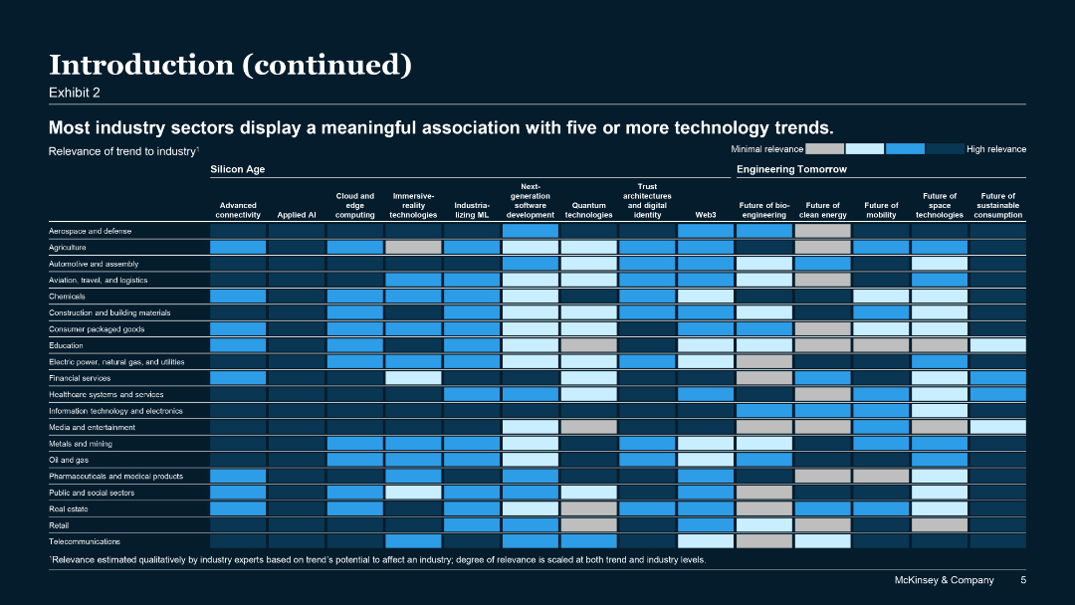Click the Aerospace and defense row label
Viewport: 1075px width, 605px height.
(90, 231)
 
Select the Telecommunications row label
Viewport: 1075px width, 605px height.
(85, 541)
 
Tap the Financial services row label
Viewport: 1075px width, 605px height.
(80, 378)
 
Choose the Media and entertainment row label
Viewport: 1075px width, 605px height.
(92, 427)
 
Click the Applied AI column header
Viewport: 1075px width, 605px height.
(297, 215)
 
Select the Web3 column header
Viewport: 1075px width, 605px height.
(706, 215)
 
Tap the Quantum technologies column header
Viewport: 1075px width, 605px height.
(588, 210)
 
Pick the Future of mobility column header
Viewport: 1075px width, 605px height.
(881, 210)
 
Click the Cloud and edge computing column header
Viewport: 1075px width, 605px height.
(354, 205)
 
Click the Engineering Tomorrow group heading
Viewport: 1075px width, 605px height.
(791, 170)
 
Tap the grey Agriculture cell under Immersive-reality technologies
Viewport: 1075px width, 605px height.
(413, 247)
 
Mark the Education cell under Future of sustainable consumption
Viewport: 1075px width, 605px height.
(997, 345)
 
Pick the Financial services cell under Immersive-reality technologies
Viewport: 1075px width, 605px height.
(413, 378)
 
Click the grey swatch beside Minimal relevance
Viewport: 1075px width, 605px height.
(824, 149)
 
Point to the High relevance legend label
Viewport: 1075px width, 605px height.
(996, 149)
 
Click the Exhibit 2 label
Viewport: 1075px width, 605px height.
(75, 93)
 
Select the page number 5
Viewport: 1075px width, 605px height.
(1022, 580)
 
